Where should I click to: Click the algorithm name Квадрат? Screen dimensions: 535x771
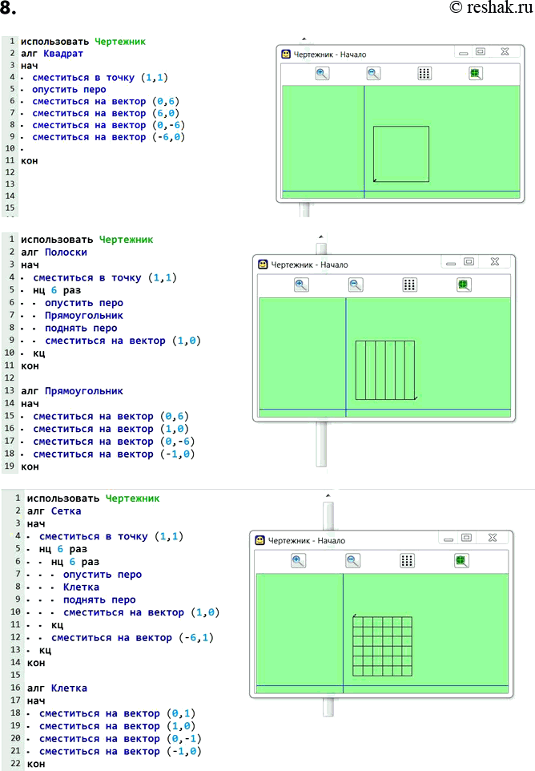click(x=63, y=54)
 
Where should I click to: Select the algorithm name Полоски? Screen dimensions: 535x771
click(x=66, y=252)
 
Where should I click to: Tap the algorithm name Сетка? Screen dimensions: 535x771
click(x=66, y=511)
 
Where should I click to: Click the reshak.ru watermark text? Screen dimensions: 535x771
click(x=491, y=7)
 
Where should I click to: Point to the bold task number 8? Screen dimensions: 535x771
click(x=8, y=8)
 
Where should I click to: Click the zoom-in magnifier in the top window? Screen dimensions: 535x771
click(x=322, y=74)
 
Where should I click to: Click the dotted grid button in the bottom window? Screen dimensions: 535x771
click(x=407, y=561)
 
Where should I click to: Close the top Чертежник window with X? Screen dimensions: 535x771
click(x=505, y=51)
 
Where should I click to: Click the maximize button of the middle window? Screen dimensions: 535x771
click(x=469, y=261)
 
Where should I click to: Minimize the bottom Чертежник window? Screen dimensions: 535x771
click(x=448, y=539)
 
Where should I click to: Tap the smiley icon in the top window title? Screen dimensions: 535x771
click(x=286, y=54)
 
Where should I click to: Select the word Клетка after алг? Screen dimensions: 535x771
click(x=69, y=688)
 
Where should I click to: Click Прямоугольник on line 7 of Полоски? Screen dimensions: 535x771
click(x=84, y=316)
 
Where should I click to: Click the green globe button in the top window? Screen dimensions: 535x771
click(x=475, y=74)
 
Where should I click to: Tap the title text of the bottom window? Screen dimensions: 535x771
click(x=307, y=541)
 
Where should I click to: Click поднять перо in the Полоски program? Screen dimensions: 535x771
click(x=81, y=329)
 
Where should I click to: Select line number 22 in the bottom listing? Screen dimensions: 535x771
click(x=16, y=764)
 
